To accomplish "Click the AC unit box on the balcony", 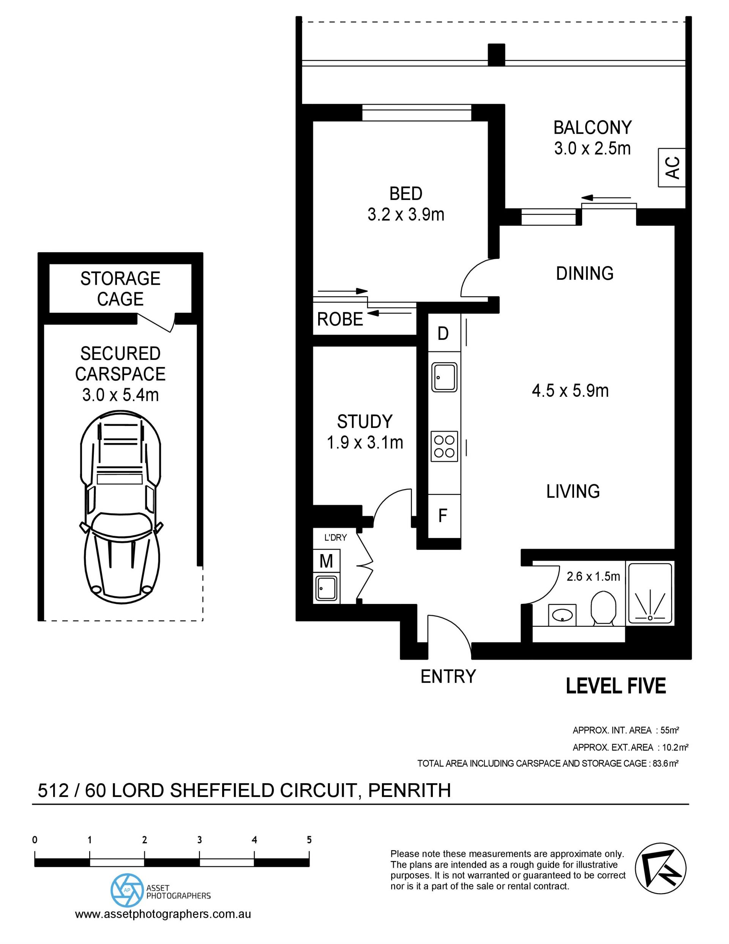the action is [672, 167].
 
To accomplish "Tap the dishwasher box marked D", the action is [444, 333].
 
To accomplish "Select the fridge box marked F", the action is [444, 516].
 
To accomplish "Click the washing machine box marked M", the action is [326, 561].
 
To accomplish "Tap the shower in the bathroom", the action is [650, 592].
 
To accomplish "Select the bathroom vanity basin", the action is [562, 615].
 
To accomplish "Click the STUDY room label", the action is [364, 421].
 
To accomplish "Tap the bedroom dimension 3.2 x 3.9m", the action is [406, 214].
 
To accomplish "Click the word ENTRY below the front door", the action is [448, 676].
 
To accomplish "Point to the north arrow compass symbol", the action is [660, 869].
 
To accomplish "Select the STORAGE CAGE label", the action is [120, 289].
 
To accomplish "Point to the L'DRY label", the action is [336, 538].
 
